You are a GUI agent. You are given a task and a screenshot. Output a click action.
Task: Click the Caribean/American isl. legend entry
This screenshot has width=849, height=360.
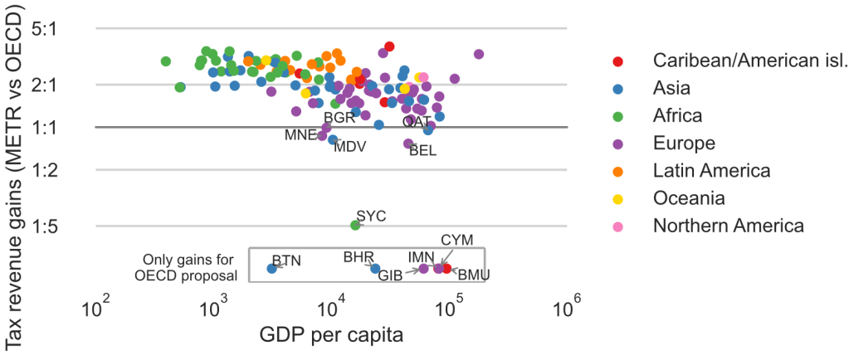click(x=750, y=60)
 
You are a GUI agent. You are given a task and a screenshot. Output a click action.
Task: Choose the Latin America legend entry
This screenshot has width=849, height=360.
click(x=712, y=170)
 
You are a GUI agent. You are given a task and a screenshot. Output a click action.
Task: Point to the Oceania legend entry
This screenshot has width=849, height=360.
click(x=690, y=197)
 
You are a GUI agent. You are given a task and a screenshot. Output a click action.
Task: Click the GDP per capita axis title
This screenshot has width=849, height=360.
click(x=332, y=336)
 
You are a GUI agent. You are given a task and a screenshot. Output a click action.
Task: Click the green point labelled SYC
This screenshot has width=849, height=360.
click(x=355, y=225)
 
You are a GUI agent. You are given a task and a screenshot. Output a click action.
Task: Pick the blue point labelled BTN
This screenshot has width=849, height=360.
click(x=271, y=268)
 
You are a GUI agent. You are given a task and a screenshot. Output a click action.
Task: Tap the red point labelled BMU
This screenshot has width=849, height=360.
click(x=447, y=268)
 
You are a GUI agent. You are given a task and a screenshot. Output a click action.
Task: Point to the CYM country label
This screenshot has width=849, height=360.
click(x=456, y=240)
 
